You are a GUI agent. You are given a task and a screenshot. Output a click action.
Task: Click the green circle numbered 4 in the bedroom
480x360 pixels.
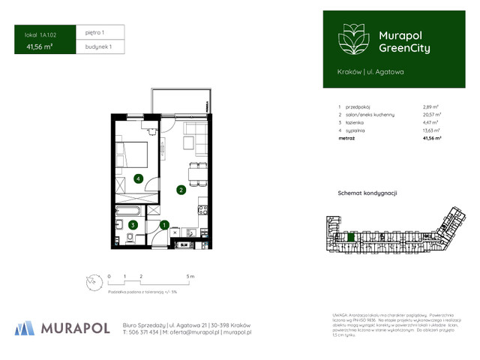(138, 178)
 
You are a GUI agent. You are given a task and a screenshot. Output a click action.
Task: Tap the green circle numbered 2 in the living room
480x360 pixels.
(181, 190)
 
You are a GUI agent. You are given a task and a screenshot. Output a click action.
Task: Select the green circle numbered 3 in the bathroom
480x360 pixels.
(133, 224)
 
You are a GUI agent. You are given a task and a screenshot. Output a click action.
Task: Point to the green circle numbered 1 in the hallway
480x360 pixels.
(164, 223)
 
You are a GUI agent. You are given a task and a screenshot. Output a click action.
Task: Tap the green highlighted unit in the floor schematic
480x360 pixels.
(350, 238)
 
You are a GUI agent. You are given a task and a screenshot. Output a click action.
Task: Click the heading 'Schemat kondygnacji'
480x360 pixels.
(367, 193)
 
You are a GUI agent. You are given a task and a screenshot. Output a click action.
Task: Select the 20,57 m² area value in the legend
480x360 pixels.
(431, 115)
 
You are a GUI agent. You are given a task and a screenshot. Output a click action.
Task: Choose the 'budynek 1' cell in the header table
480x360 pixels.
(96, 47)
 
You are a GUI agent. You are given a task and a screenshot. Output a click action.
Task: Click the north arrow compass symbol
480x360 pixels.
(91, 282)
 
